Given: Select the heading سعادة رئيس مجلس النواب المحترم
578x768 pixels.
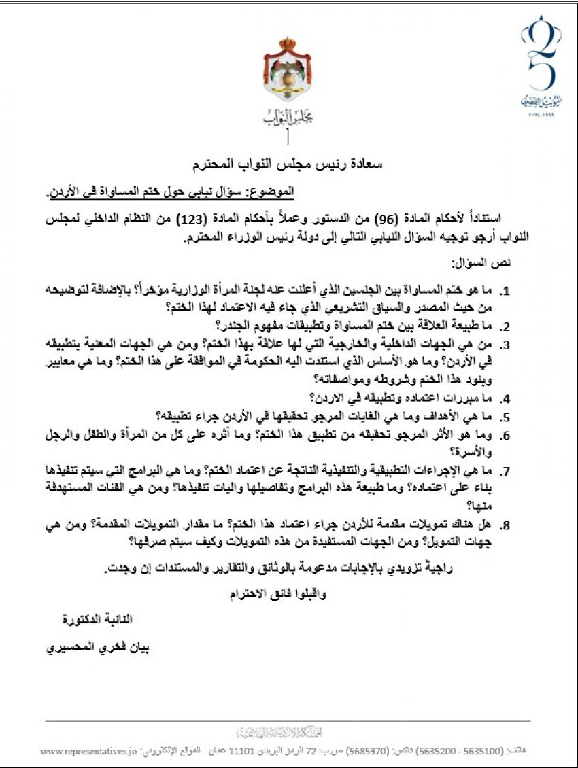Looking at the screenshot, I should click(289, 164).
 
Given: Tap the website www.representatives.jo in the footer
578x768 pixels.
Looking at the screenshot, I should click(89, 752).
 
